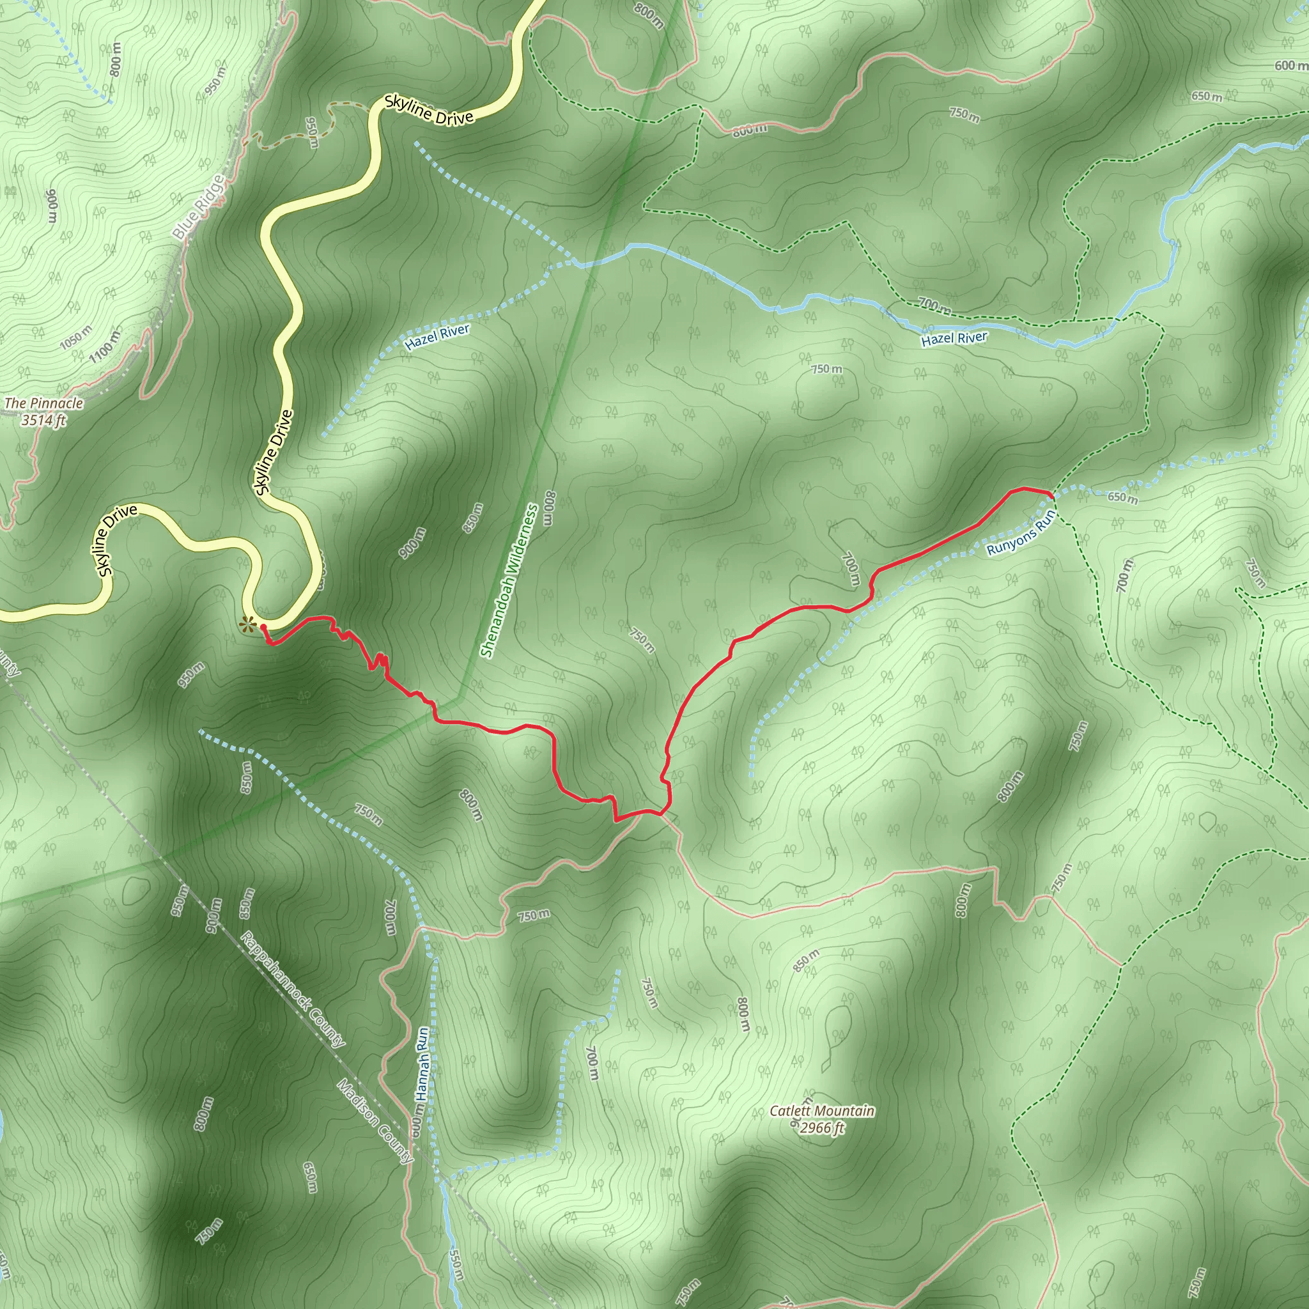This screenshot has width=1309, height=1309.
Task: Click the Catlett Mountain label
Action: pyautogui.click(x=821, y=1111)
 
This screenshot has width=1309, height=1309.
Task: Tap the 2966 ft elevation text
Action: pyautogui.click(x=821, y=1127)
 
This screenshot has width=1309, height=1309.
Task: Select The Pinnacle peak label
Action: pyautogui.click(x=43, y=404)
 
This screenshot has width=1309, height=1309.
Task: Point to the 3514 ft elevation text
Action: pyautogui.click(x=43, y=420)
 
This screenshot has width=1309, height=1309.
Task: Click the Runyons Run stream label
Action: pyautogui.click(x=1020, y=533)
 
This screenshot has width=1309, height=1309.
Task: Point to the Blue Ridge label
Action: pyautogui.click(x=198, y=206)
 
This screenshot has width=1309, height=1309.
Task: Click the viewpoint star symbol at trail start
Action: pyautogui.click(x=248, y=624)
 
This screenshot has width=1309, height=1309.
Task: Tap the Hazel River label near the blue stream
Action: pyautogui.click(x=954, y=339)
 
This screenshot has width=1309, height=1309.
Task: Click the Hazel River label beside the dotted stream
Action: pyautogui.click(x=437, y=337)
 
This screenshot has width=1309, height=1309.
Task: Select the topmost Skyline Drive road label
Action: pyautogui.click(x=428, y=110)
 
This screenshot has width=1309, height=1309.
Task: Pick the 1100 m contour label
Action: pyautogui.click(x=105, y=345)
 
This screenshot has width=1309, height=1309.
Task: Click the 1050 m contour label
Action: pyautogui.click(x=75, y=337)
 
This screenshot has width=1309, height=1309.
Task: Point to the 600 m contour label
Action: pyautogui.click(x=1290, y=66)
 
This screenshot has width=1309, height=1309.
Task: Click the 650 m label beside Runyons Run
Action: pyautogui.click(x=1122, y=498)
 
